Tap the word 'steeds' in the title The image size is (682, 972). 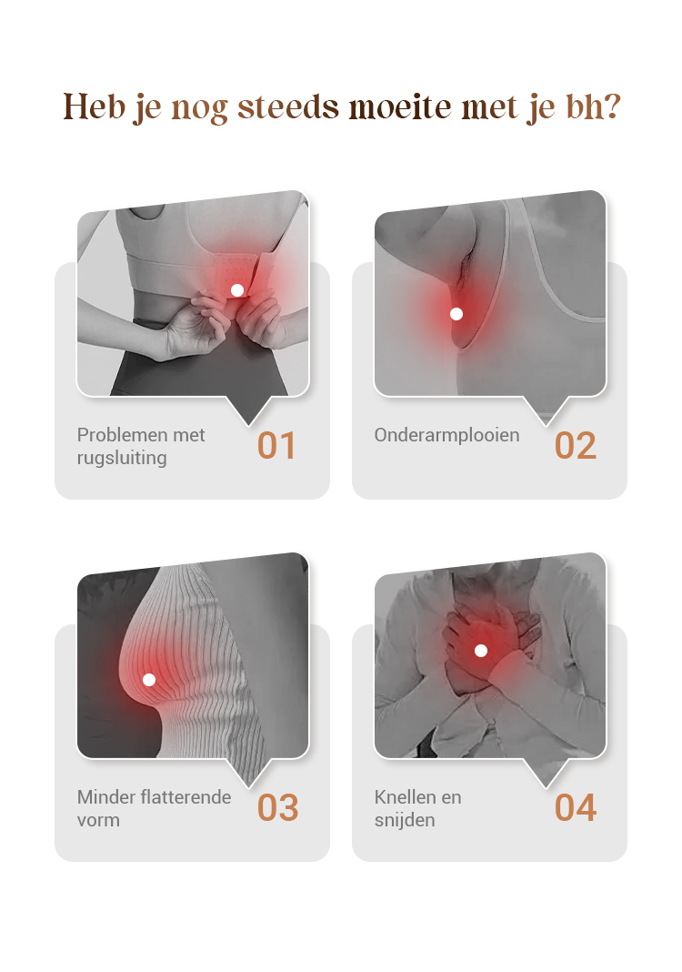pos(288,106)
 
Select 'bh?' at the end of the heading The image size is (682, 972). pos(593,106)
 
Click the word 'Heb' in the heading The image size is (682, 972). pos(95,106)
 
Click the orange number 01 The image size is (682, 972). pos(276,446)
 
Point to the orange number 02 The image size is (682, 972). pos(575,446)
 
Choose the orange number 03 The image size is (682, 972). pos(277,808)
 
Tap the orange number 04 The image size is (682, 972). pos(576,808)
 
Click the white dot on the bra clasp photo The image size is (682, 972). pos(237,290)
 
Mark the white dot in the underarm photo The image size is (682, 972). pos(456,314)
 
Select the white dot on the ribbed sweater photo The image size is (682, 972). pos(149,680)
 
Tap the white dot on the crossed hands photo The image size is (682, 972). pos(481,650)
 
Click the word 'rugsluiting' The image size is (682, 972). pos(122,458)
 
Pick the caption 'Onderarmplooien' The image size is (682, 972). pos(446,436)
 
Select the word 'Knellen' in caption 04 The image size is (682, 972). pos(402,796)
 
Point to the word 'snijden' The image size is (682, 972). pos(405,820)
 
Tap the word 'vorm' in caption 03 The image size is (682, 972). pos(98,821)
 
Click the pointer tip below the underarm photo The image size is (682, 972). pos(547,425)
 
